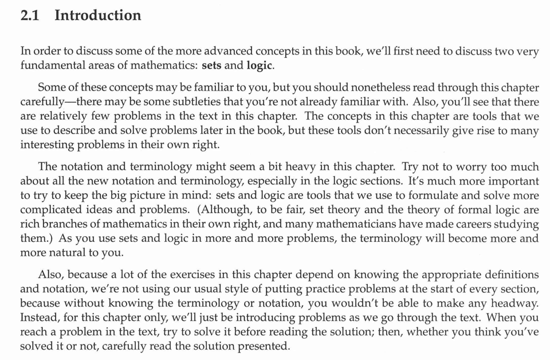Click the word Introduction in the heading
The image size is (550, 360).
click(x=97, y=15)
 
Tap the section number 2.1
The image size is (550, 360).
click(x=29, y=15)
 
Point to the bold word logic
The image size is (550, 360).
click(x=260, y=65)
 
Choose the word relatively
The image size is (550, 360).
click(x=69, y=116)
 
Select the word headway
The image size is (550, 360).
click(x=511, y=303)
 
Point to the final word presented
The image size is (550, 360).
click(x=264, y=346)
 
